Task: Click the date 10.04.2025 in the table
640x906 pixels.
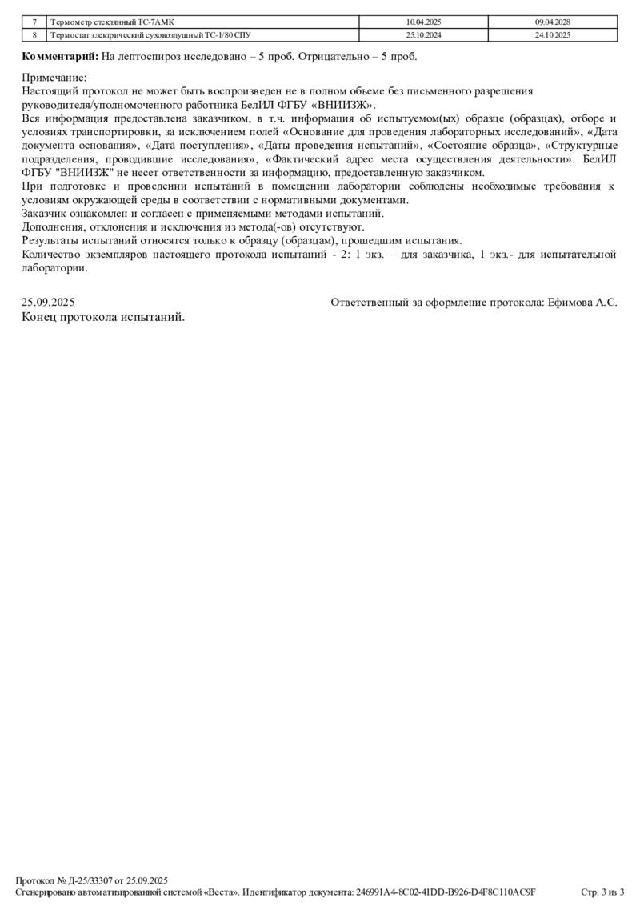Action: pyautogui.click(x=423, y=22)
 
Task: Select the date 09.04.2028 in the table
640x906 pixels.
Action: pyautogui.click(x=552, y=22)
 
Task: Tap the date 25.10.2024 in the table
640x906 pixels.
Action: pyautogui.click(x=423, y=35)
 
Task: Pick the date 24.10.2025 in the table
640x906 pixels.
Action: pyautogui.click(x=552, y=35)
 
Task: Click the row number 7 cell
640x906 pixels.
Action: pyautogui.click(x=34, y=22)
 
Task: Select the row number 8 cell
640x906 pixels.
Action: pyautogui.click(x=34, y=35)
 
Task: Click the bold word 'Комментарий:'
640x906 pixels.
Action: pyautogui.click(x=60, y=57)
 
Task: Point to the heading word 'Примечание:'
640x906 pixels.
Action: pyautogui.click(x=54, y=78)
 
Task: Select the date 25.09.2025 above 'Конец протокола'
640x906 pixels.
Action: pyautogui.click(x=48, y=303)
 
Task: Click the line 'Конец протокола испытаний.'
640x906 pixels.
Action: pyautogui.click(x=103, y=317)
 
